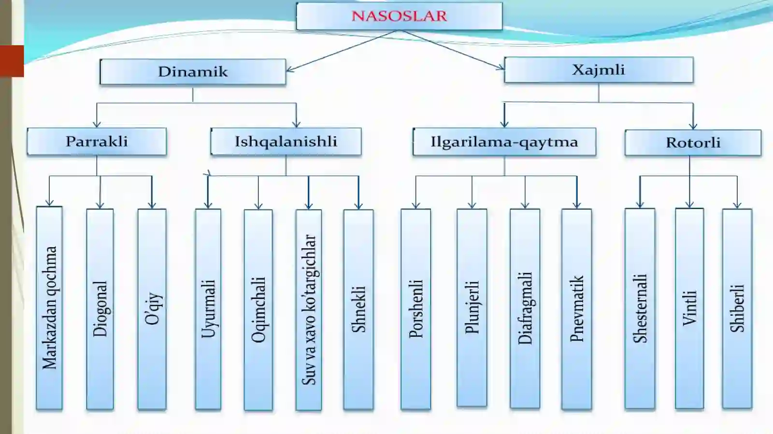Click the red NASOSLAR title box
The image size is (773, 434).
pos(399,16)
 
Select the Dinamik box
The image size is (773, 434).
pos(193,72)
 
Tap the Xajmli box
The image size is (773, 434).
pos(599,70)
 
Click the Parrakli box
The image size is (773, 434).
pos(97,141)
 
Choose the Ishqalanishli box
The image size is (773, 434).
pos(286,141)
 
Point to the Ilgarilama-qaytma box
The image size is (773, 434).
pos(504,141)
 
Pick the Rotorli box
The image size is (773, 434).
pos(693,142)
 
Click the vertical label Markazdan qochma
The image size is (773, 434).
pos(49,308)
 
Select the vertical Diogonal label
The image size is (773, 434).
pos(100,309)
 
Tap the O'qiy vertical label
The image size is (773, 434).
pos(152,309)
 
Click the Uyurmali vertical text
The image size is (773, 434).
pos(208,309)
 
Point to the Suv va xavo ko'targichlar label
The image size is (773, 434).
pos(309,309)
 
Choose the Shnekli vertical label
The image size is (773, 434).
pos(358,309)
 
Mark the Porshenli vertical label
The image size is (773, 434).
pos(416,309)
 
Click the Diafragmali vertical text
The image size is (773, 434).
pos(525,308)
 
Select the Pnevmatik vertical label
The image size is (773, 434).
pos(577,309)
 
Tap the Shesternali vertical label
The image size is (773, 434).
pos(640,308)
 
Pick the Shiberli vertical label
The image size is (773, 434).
pos(737,308)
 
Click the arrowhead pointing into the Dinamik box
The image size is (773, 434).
pos(290,70)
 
